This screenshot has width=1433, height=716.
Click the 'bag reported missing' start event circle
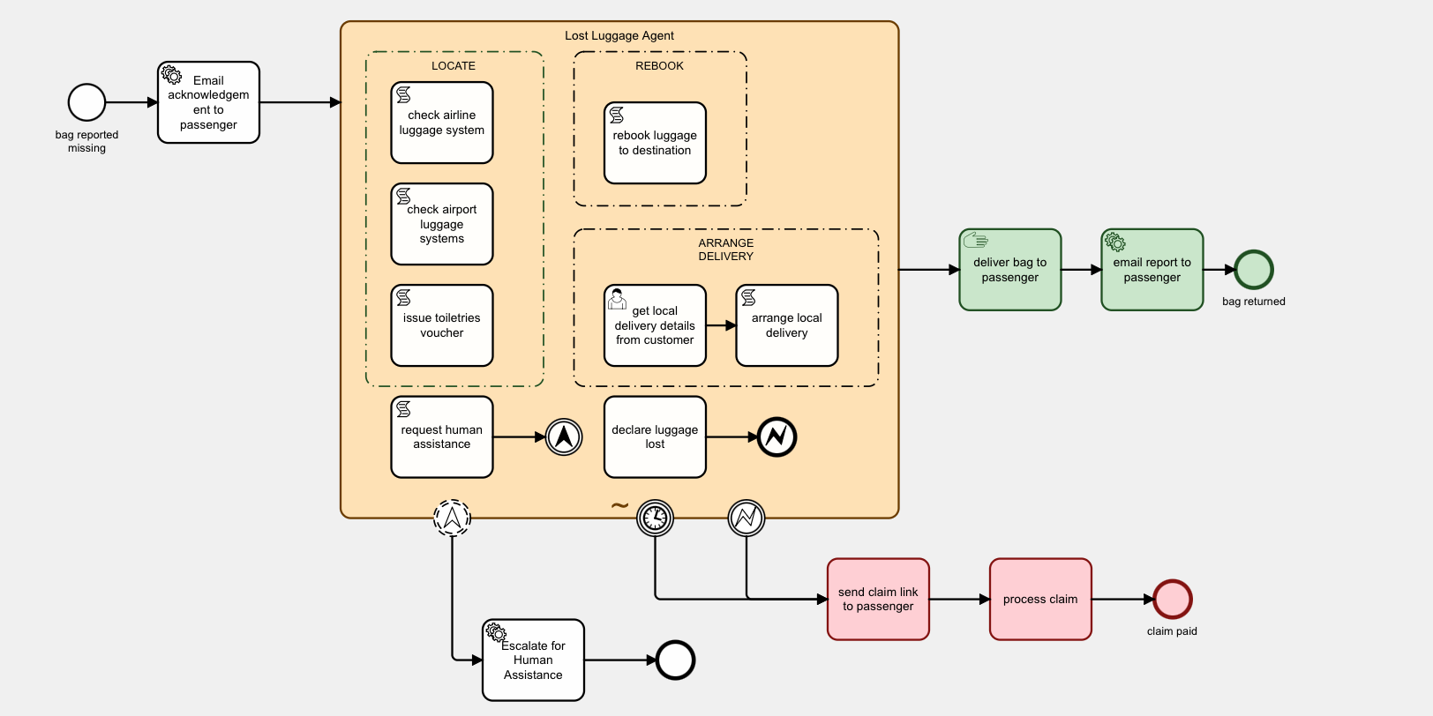click(86, 102)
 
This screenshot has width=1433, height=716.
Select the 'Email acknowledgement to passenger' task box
click(208, 102)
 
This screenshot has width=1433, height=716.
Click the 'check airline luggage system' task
click(441, 123)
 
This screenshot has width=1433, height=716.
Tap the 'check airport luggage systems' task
click(441, 224)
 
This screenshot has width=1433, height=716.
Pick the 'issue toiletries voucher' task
click(441, 325)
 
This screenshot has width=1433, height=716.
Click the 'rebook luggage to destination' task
click(655, 143)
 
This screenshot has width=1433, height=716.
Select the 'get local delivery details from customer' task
click(655, 325)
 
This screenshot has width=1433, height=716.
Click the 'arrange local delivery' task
click(786, 325)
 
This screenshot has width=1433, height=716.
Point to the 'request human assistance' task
click(441, 437)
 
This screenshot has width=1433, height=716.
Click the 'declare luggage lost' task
click(655, 437)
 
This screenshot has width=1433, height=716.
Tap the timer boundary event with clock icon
click(655, 518)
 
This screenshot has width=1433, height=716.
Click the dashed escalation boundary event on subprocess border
click(452, 518)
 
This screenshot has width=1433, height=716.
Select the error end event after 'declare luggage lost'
click(777, 436)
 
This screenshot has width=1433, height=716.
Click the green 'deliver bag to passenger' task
click(1009, 270)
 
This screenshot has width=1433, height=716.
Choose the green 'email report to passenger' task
click(1152, 270)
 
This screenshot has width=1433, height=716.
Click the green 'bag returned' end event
click(1253, 270)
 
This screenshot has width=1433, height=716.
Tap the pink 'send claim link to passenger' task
click(878, 599)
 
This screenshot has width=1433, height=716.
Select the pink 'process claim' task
click(1040, 599)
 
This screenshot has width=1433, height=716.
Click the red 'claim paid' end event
click(1172, 599)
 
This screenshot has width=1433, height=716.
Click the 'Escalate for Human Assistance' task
click(533, 660)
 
